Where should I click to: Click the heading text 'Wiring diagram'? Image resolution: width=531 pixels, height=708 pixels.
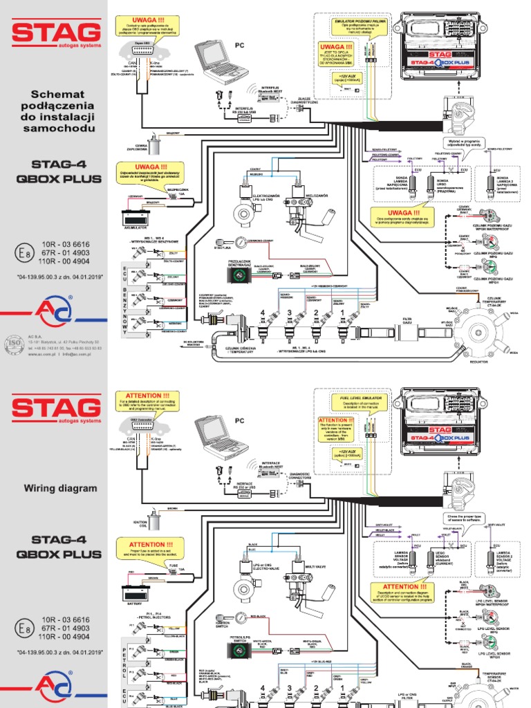click(61, 488)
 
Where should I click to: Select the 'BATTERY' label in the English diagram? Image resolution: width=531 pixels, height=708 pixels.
click(135, 603)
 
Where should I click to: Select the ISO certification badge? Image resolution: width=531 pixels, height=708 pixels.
click(15, 343)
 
